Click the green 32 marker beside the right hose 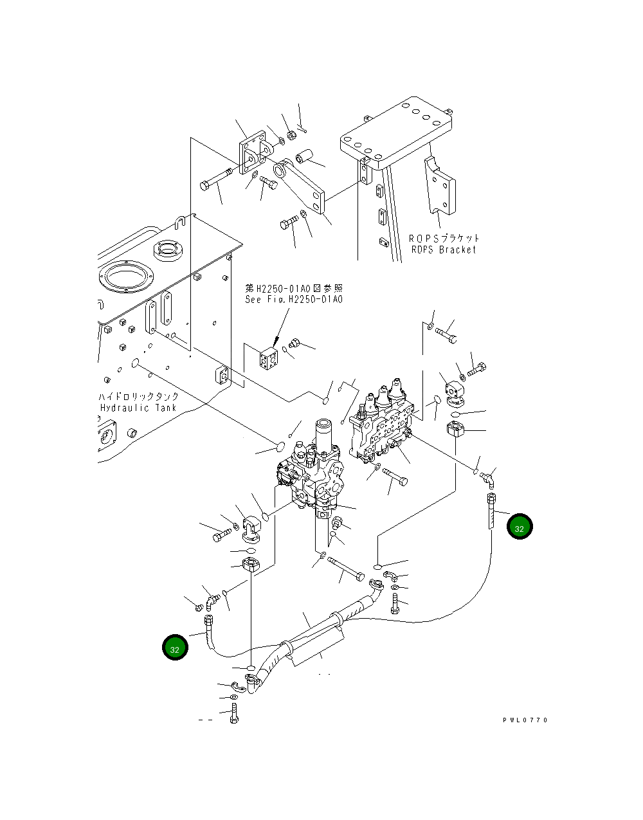pyautogui.click(x=520, y=527)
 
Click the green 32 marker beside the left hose pyautogui.click(x=175, y=647)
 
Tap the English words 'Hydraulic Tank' pyautogui.click(x=138, y=408)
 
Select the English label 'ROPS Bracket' pyautogui.click(x=444, y=250)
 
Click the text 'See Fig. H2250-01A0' pyautogui.click(x=294, y=300)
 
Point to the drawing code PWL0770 pyautogui.click(x=525, y=720)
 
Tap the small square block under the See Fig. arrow pyautogui.click(x=268, y=358)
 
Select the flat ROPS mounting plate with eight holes pyautogui.click(x=396, y=132)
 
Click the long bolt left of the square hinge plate pyautogui.click(x=215, y=179)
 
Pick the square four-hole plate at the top pyautogui.click(x=252, y=152)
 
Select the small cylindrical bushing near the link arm pyautogui.click(x=304, y=156)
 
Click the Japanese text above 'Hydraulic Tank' pyautogui.click(x=138, y=397)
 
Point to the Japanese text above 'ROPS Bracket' pyautogui.click(x=444, y=239)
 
